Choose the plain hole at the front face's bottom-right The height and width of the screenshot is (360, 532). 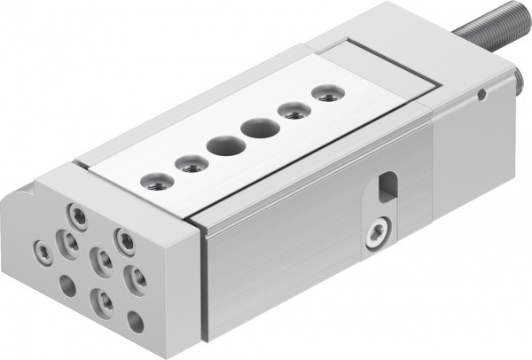pos(135,322)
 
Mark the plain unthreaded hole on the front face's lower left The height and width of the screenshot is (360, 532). pos(67,286)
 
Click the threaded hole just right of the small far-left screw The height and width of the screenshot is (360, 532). pos(68,240)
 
